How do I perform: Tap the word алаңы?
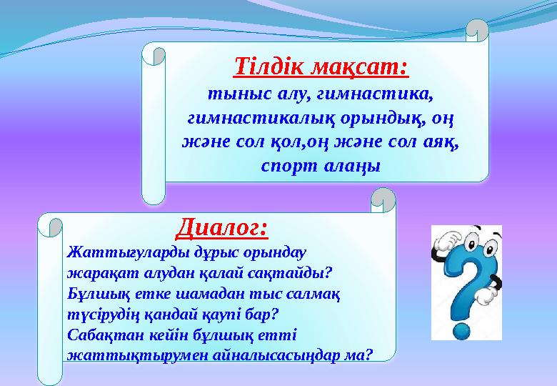pyautogui.click(x=350, y=164)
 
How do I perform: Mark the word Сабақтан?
pyautogui.click(x=98, y=333)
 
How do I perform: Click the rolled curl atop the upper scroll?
pyautogui.click(x=477, y=30)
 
